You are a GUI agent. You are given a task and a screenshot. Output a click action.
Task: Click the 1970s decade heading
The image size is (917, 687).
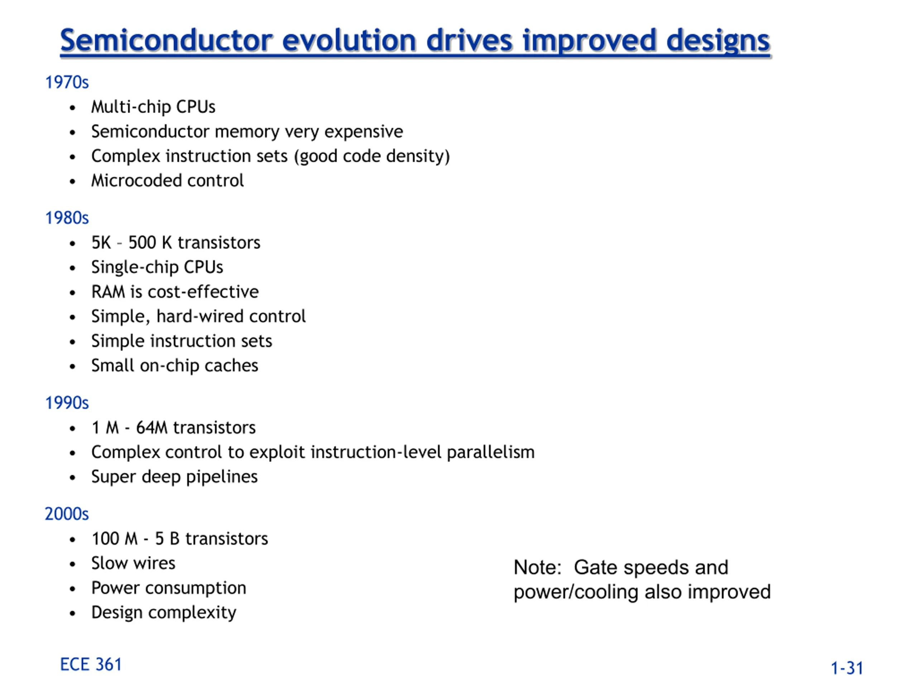[67, 82]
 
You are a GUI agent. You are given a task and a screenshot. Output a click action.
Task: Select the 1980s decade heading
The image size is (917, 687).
[67, 218]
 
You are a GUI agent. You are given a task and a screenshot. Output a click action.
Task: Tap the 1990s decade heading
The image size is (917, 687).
[67, 403]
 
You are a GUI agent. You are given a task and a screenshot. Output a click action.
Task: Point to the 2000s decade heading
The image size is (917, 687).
[67, 514]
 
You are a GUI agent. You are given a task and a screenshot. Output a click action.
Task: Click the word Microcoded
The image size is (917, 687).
[136, 181]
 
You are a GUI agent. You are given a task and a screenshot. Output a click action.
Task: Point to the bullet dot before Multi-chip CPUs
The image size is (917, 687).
[73, 108]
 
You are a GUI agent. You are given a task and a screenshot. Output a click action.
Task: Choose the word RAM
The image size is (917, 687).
[108, 292]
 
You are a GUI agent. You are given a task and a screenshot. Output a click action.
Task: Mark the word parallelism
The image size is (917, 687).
[491, 453]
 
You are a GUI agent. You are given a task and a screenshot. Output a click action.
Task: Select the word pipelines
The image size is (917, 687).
[222, 477]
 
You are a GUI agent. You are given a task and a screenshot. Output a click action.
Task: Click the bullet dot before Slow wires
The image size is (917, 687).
[73, 564]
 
